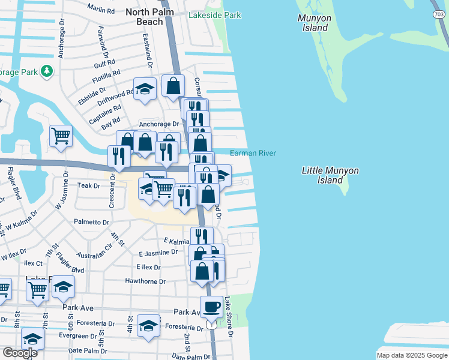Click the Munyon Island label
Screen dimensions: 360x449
point(315,23)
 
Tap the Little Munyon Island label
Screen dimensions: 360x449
point(330,175)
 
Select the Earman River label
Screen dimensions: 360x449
point(253,154)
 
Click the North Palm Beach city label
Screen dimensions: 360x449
point(145,16)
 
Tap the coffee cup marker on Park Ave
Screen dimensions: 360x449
point(211,307)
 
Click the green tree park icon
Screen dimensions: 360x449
point(46,72)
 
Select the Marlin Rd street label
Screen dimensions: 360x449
point(100,10)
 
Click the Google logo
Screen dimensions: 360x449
point(20,352)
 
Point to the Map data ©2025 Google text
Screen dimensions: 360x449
point(411,355)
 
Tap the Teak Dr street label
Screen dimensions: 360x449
point(89,186)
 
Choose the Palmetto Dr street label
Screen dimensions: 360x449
point(91,222)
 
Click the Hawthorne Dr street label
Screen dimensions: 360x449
point(145,281)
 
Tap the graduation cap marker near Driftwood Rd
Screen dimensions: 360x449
point(145,89)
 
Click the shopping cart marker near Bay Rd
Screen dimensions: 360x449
point(61,136)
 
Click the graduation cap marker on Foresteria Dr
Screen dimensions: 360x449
point(148,326)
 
